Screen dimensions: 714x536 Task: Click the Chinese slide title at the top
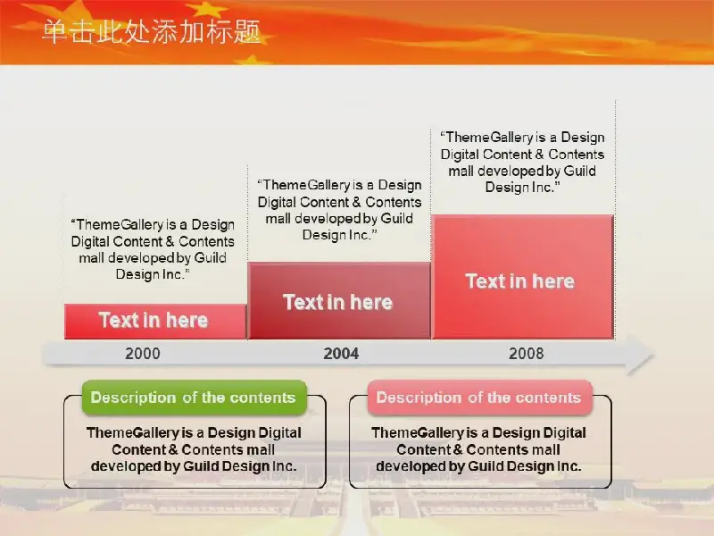tap(151, 32)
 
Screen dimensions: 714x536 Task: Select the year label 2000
tap(143, 354)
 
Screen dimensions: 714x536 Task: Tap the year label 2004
tap(341, 354)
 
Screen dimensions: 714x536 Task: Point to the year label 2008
tap(527, 354)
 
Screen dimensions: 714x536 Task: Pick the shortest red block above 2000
tap(155, 322)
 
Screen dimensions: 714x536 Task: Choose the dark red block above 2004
tap(339, 301)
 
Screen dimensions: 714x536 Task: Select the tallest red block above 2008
tap(523, 277)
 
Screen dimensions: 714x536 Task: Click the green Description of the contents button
tap(194, 398)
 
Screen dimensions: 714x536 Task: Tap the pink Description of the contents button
tap(479, 398)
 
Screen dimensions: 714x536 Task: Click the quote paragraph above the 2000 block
tap(153, 249)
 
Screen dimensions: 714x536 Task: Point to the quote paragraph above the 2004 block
tap(340, 210)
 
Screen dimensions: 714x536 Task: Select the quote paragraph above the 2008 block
tap(522, 163)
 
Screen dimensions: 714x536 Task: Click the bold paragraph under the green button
tap(194, 449)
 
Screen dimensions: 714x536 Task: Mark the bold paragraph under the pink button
tap(478, 449)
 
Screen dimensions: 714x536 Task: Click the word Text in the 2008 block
tap(485, 281)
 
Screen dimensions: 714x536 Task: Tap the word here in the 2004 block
tap(371, 302)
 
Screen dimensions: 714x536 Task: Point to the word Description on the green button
tap(133, 398)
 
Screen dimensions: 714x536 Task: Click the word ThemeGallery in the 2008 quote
tap(489, 138)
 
